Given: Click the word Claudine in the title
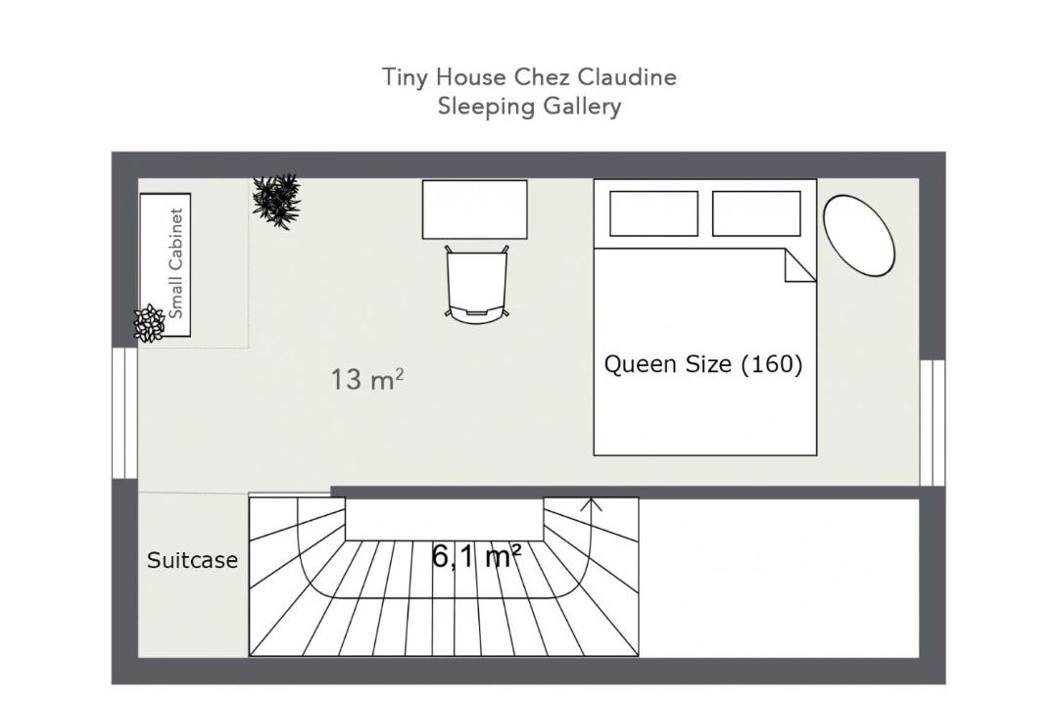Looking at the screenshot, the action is [627, 77].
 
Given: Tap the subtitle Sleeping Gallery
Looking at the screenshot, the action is [529, 107].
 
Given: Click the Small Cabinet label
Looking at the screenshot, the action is [175, 263].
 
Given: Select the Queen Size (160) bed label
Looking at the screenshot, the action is [703, 364].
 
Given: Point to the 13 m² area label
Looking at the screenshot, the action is [367, 379].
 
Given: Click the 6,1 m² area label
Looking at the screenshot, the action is [476, 556].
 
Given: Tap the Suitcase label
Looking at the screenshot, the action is [192, 560].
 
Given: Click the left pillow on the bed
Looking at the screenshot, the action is [653, 213].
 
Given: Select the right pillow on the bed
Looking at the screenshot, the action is [756, 213].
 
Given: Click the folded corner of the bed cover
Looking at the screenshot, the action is [796, 268].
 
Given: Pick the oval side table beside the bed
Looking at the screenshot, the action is [858, 235].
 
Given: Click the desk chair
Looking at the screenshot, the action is [476, 283].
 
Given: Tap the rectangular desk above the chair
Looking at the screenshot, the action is [474, 210].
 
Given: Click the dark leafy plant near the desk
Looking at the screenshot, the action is [276, 201].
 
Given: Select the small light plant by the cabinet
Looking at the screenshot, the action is [149, 324].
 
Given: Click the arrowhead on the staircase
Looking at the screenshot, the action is [592, 504].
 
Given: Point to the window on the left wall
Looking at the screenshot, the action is [124, 413].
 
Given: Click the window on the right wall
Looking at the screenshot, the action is [933, 422].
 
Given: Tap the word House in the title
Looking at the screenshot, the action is [471, 77].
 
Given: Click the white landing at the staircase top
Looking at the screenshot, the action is [444, 519].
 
